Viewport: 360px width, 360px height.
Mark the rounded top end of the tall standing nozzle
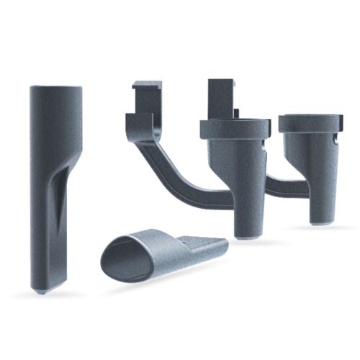(55, 91)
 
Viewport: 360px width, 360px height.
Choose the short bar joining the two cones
(277, 185)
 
